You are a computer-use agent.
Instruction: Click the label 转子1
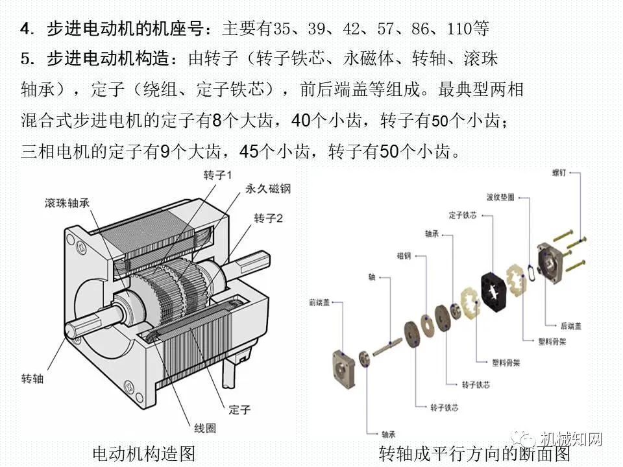pyautogui.click(x=217, y=176)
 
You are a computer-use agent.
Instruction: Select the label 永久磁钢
pyautogui.click(x=267, y=189)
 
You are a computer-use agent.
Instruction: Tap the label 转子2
pyautogui.click(x=268, y=218)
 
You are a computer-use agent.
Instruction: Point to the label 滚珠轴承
pyautogui.click(x=67, y=202)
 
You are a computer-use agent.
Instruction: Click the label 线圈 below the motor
pyautogui.click(x=205, y=428)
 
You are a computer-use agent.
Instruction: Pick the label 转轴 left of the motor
pyautogui.click(x=32, y=378)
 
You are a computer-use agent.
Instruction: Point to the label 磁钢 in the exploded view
pyautogui.click(x=404, y=256)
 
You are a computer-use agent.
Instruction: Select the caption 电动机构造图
pyautogui.click(x=144, y=453)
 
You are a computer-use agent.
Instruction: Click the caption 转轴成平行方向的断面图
pyautogui.click(x=474, y=453)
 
